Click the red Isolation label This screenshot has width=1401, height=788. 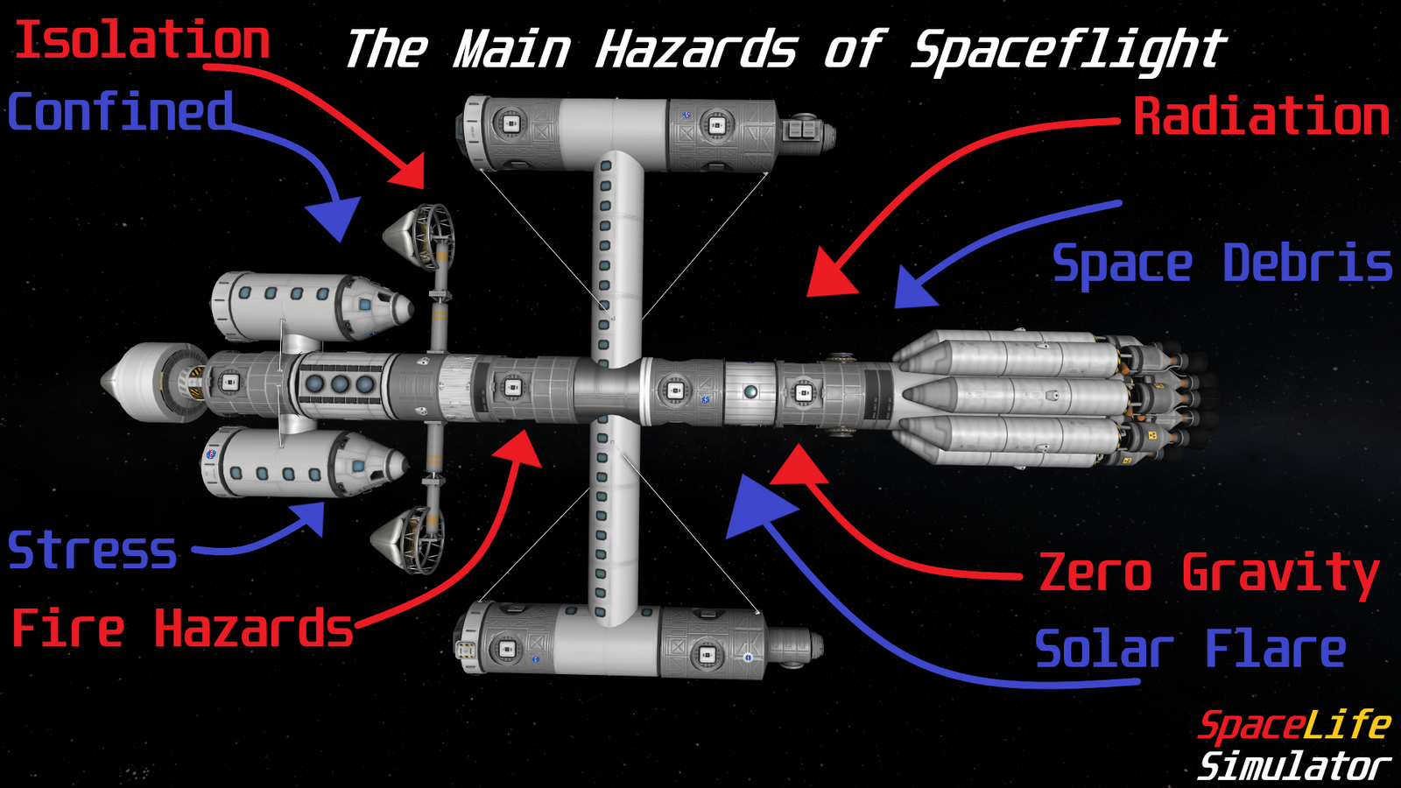(x=142, y=40)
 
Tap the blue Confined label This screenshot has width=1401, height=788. (x=121, y=112)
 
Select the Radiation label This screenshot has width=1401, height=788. (x=1261, y=116)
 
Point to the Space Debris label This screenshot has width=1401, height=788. (x=1221, y=263)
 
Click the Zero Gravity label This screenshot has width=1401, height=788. (x=1208, y=573)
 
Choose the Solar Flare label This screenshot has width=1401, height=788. (x=1191, y=650)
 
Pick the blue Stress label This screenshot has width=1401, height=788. (x=93, y=550)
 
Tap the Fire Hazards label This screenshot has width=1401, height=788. (x=182, y=629)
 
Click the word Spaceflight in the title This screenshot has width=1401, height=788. (x=1068, y=49)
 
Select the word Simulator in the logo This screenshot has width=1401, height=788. (x=1293, y=766)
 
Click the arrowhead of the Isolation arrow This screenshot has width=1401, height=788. (x=410, y=172)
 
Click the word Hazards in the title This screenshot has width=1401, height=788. (x=696, y=49)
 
